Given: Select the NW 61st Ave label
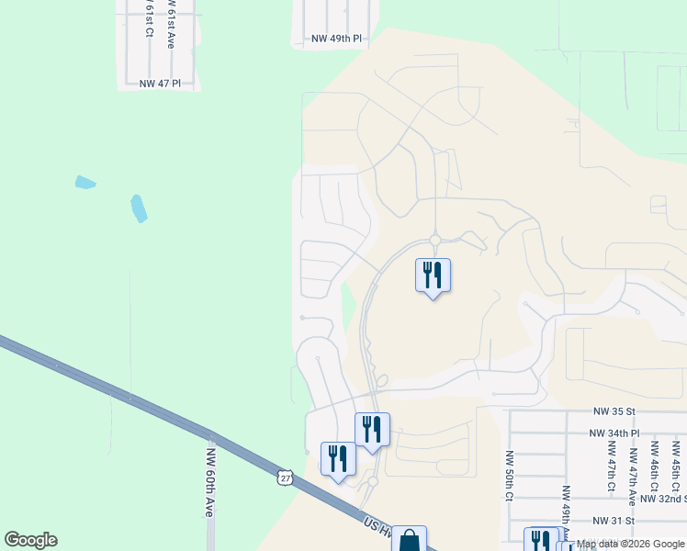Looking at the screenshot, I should tap(170, 18).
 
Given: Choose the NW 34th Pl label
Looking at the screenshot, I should tap(614, 433).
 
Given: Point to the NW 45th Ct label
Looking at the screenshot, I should tap(675, 464).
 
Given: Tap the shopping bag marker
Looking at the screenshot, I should tap(409, 540).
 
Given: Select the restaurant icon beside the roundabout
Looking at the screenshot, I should tap(433, 275).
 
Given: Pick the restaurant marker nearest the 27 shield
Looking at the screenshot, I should tap(337, 457).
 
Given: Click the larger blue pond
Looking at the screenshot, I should tap(139, 208).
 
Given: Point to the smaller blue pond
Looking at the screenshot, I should tap(85, 182).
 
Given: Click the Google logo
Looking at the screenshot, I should tap(30, 540).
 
